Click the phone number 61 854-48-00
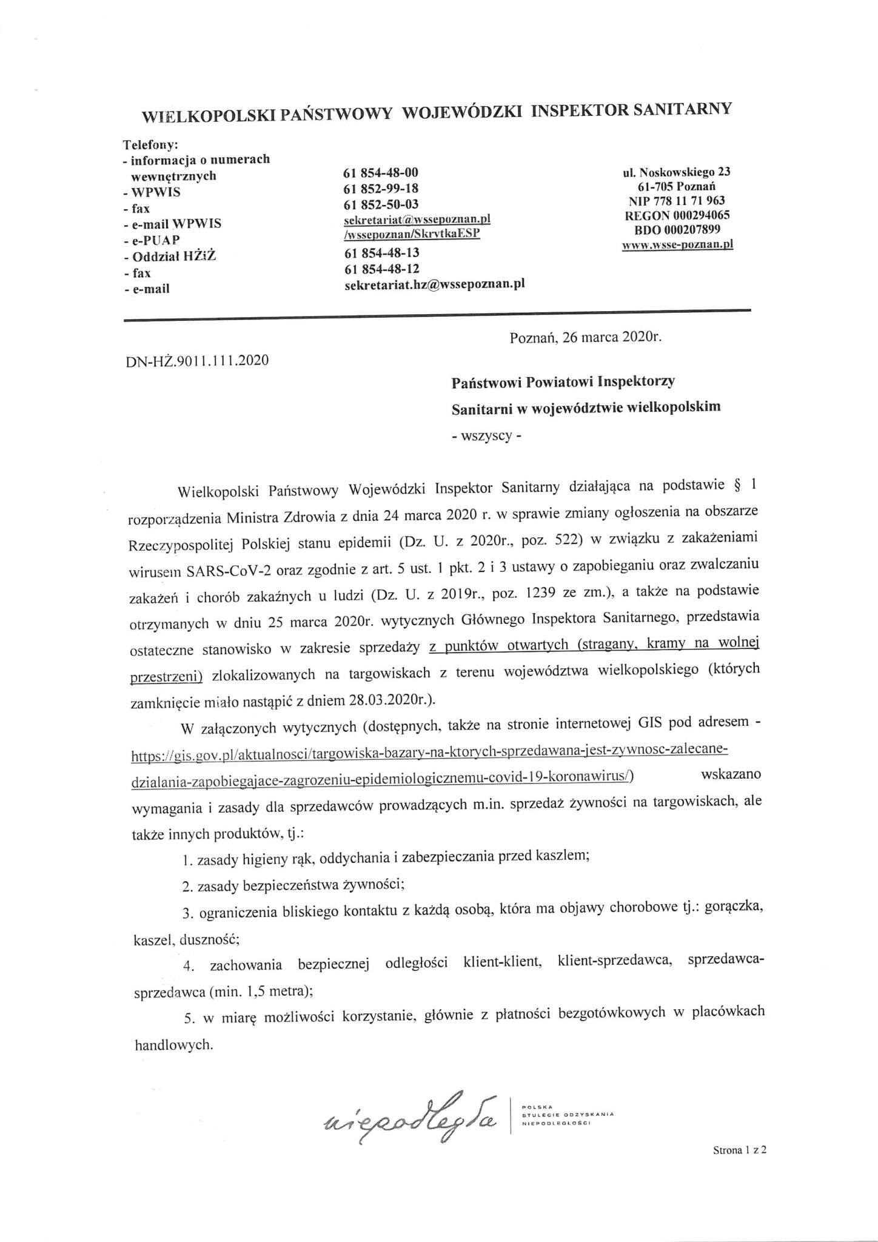point(381,173)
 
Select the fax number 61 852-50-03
point(381,204)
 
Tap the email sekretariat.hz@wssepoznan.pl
point(434,284)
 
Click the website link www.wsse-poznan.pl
point(677,244)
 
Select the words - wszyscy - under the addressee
point(486,437)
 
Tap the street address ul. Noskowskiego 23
point(677,172)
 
